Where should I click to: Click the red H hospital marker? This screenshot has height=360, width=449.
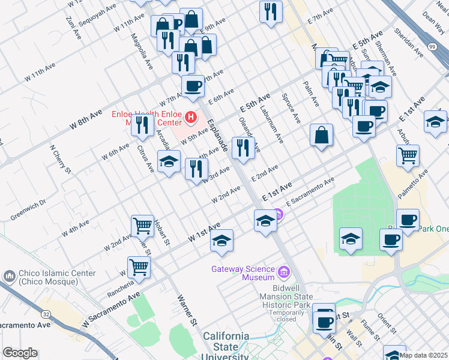coord(191,116)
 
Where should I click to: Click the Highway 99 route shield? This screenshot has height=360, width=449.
coord(432,46)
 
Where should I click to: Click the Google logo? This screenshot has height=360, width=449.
coord(20,353)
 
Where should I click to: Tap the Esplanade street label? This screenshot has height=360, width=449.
coord(217,136)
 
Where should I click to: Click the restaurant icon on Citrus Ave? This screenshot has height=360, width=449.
coord(142,124)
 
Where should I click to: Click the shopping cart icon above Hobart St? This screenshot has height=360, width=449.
coord(142,226)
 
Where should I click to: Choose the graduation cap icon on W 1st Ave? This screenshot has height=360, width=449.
coord(221,241)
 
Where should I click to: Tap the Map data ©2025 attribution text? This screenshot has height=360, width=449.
coord(424,355)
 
